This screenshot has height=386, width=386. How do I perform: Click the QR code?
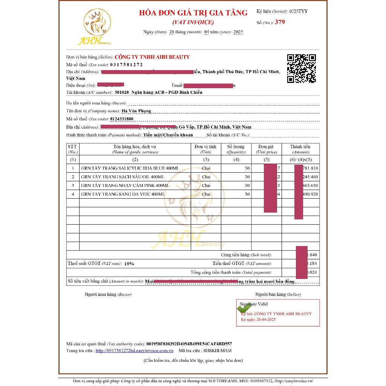pyautogui.click(x=301, y=69)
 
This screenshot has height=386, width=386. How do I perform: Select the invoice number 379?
pyautogui.click(x=280, y=22)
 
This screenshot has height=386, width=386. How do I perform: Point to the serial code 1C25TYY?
pyautogui.click(x=298, y=11)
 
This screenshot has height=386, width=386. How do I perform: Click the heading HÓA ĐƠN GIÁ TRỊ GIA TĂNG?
pyautogui.click(x=193, y=13)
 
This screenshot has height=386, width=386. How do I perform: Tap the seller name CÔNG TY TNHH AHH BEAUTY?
pyautogui.click(x=152, y=57)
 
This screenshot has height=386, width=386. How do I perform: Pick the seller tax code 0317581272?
pyautogui.click(x=126, y=65)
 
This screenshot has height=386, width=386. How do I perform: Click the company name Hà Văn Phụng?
pyautogui.click(x=136, y=111)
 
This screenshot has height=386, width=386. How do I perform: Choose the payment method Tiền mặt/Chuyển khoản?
pyautogui.click(x=168, y=135)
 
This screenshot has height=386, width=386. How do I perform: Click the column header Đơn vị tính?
pyautogui.click(x=205, y=147)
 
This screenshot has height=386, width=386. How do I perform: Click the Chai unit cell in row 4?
pyautogui.click(x=206, y=194)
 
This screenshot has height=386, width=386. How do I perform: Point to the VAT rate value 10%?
pyautogui.click(x=129, y=264)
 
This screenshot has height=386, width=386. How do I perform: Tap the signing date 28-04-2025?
pyautogui.click(x=266, y=320)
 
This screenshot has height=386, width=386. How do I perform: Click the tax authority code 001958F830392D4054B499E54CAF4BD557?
pyautogui.click(x=189, y=344)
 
